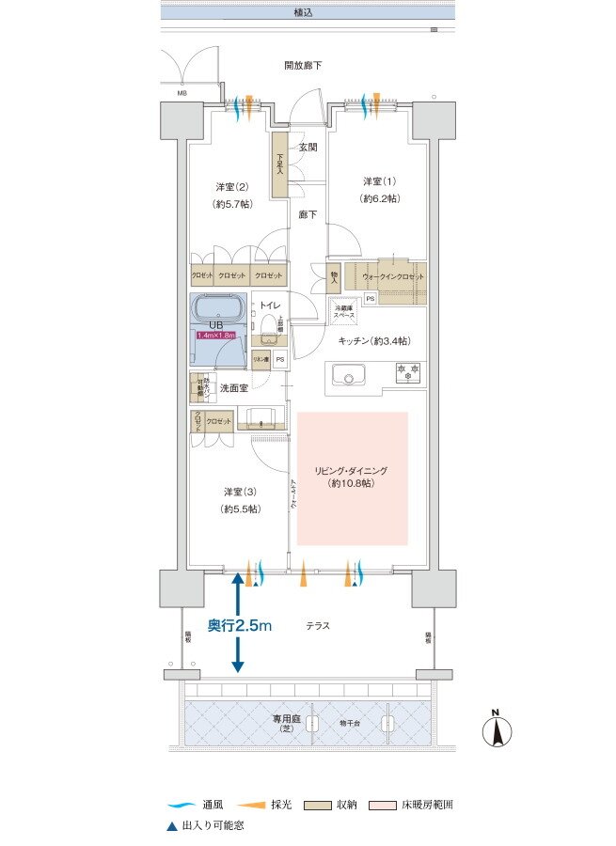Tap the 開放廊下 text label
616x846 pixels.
coord(303,66)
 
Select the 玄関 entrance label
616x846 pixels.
coord(308,148)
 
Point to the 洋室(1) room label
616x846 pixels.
coord(381,189)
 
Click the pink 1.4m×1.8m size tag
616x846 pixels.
coord(217,335)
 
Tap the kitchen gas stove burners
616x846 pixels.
coord(407,372)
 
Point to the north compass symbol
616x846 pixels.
coord(496,728)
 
